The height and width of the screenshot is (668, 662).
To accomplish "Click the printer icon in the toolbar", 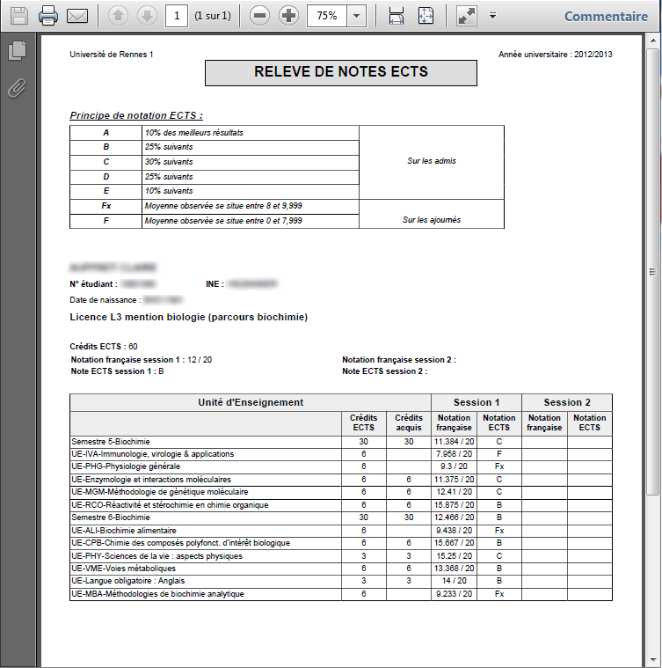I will tap(48, 16).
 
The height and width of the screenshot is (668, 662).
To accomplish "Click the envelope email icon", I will tap(78, 16).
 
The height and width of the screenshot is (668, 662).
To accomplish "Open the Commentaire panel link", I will tap(606, 16).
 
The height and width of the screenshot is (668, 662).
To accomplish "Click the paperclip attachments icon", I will tap(16, 88).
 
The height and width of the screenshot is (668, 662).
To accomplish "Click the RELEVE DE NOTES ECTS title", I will tap(341, 72).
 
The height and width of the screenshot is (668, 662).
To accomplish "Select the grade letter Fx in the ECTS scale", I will tap(105, 206).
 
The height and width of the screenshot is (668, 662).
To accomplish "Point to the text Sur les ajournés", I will tap(432, 220).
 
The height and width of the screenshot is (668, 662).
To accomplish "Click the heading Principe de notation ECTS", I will tap(136, 115).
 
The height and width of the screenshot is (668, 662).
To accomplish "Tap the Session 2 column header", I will tap(567, 402).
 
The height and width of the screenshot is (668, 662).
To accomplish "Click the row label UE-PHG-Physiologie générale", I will tap(126, 466).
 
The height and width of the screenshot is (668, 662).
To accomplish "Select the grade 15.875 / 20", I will tap(455, 505).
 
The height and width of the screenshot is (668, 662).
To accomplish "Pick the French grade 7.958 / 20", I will tap(455, 454).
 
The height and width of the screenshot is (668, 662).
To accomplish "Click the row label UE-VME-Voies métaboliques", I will tap(123, 569).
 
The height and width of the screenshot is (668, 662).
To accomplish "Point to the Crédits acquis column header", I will tap(409, 422).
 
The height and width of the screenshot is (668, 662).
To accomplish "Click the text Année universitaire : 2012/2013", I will tap(556, 55).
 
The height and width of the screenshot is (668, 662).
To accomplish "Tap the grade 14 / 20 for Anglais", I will tap(455, 582).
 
